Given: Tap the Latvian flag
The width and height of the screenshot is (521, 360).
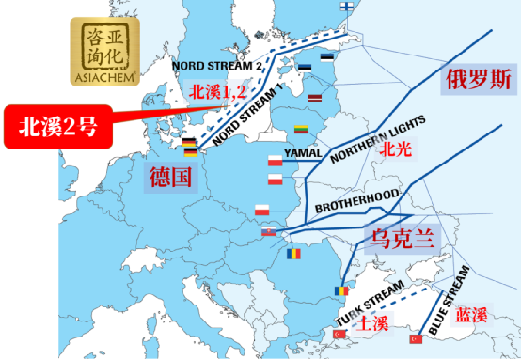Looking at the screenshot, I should [315, 98].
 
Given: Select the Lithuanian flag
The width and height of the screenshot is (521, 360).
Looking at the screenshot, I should [303, 129].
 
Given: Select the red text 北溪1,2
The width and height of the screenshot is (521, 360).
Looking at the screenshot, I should [216, 91].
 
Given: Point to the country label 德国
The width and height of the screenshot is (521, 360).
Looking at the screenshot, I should [170, 176].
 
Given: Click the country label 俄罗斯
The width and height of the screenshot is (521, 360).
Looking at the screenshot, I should [478, 80].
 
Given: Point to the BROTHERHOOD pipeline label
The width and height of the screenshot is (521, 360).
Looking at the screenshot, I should [356, 199].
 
